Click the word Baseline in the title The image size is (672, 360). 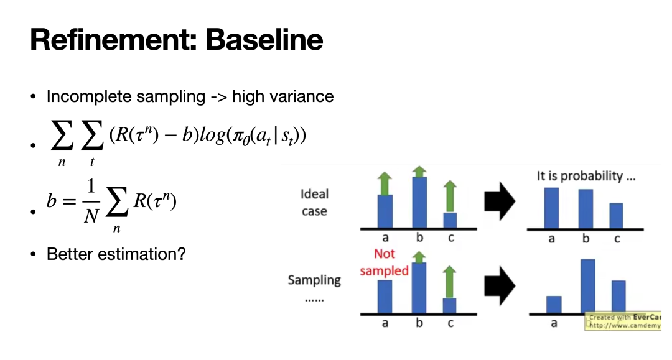point(264,40)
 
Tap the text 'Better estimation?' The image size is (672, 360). point(116,254)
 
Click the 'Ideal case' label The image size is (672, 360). point(314,203)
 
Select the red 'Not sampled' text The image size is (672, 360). point(384,262)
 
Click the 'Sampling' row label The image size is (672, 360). point(314,280)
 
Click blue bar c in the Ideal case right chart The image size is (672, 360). point(616,215)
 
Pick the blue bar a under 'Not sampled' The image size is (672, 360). point(385,296)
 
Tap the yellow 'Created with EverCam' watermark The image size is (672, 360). point(623,321)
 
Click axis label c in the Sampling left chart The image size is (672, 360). point(450,323)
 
